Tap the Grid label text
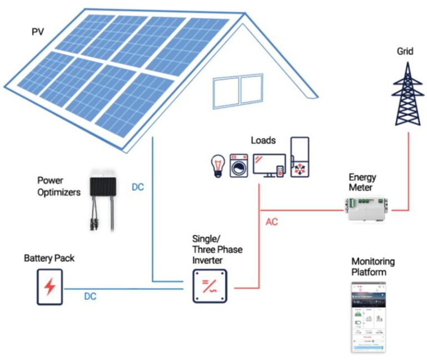[405, 51]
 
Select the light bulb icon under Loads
[216, 166]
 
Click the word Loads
[263, 140]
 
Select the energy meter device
[368, 209]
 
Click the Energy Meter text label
[362, 183]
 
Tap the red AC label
[272, 221]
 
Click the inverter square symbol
[210, 286]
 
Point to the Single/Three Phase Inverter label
[217, 249]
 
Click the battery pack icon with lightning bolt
[50, 287]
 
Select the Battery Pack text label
[49, 259]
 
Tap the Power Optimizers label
[59, 186]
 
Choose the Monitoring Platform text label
[373, 267]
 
